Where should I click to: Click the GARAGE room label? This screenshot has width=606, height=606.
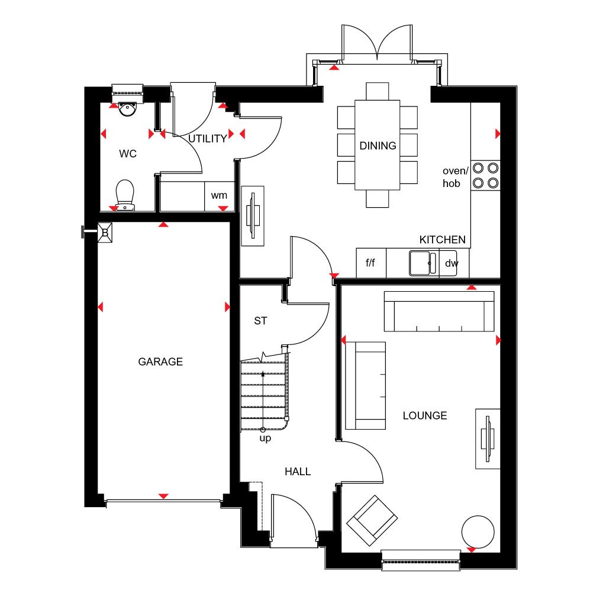[x=160, y=362]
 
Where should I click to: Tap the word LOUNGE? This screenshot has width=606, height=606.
[x=425, y=416]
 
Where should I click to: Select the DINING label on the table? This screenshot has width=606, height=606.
[x=378, y=146]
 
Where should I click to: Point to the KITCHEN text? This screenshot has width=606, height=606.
[x=443, y=240]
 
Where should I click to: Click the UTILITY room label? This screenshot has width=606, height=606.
[x=208, y=138]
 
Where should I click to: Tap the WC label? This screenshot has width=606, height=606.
[x=128, y=154]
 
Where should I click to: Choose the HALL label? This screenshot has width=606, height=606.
[x=298, y=472]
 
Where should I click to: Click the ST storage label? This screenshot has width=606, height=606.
[x=260, y=321]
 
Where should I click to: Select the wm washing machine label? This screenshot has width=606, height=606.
[x=219, y=195]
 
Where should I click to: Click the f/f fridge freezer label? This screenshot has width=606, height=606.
[x=370, y=263]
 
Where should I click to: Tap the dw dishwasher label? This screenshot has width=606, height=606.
[x=452, y=263]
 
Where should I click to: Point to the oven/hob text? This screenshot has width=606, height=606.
[x=455, y=177]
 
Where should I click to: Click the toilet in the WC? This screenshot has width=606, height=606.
[x=125, y=195]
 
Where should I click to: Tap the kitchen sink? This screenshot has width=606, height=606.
[x=423, y=263]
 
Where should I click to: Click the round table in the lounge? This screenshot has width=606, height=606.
[x=478, y=531]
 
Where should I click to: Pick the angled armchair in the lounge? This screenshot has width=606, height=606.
[x=372, y=520]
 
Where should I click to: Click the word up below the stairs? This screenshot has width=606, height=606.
[x=265, y=439]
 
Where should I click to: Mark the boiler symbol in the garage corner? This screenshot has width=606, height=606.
[x=105, y=233]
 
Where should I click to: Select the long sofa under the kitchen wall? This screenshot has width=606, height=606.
[x=439, y=311]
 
